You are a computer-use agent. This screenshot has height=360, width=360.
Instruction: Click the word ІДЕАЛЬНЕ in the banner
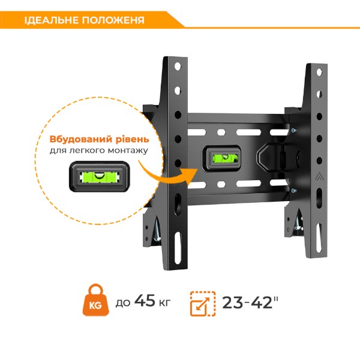(52, 20)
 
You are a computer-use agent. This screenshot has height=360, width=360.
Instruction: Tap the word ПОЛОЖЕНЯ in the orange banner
(113, 20)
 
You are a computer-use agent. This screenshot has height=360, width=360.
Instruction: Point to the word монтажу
(128, 151)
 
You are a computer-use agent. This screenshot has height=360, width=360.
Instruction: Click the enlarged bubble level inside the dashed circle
(100, 176)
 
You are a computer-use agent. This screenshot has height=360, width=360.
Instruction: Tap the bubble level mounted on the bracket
(221, 158)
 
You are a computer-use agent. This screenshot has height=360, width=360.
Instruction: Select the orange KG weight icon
(96, 300)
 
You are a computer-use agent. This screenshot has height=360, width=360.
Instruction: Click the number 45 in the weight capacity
(145, 301)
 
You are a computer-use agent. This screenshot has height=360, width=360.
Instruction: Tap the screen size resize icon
(203, 304)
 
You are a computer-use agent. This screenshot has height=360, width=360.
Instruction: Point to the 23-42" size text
(250, 302)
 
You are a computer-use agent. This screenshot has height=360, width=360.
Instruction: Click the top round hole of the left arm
(178, 67)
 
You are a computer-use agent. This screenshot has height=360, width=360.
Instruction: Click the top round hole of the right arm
(319, 73)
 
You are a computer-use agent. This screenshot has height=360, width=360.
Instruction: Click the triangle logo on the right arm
(318, 176)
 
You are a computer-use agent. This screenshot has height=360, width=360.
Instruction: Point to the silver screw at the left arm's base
(157, 231)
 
